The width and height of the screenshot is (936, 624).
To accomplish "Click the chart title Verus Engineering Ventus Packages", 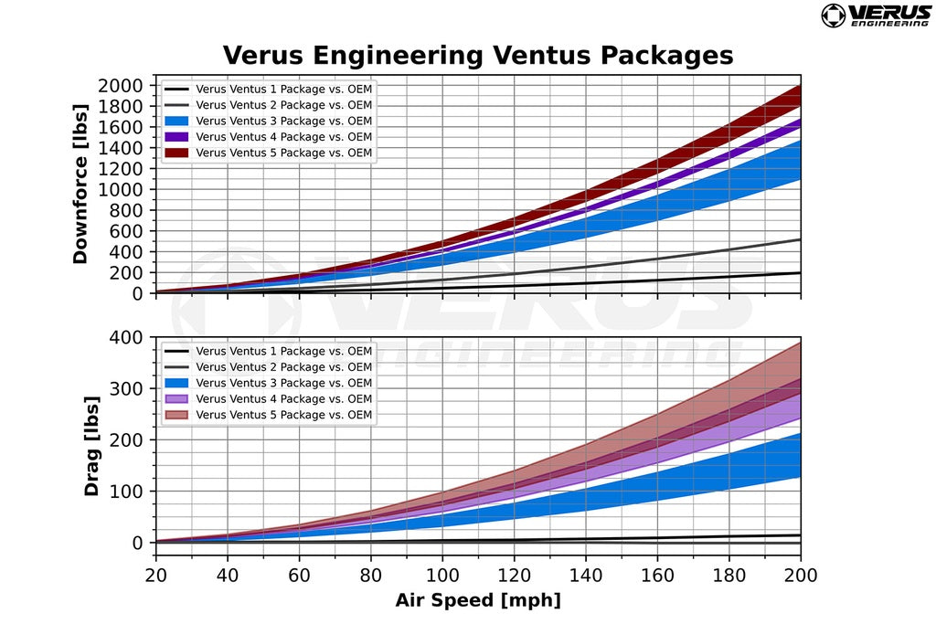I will point(477,55).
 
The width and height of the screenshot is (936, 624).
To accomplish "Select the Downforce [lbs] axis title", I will point(80,189).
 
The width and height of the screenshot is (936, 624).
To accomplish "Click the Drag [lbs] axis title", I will point(91,446).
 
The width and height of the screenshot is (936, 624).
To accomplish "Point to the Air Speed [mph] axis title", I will point(478,600).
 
